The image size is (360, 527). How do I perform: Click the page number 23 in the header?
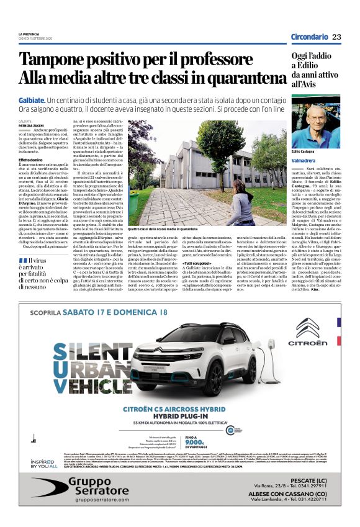[x=336, y=37]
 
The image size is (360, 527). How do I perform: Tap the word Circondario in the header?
[x=309, y=37]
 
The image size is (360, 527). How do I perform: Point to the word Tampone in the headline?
[x=56, y=60]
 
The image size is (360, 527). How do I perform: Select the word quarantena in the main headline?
[x=235, y=79]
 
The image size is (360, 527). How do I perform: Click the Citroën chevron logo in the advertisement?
[x=307, y=328]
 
